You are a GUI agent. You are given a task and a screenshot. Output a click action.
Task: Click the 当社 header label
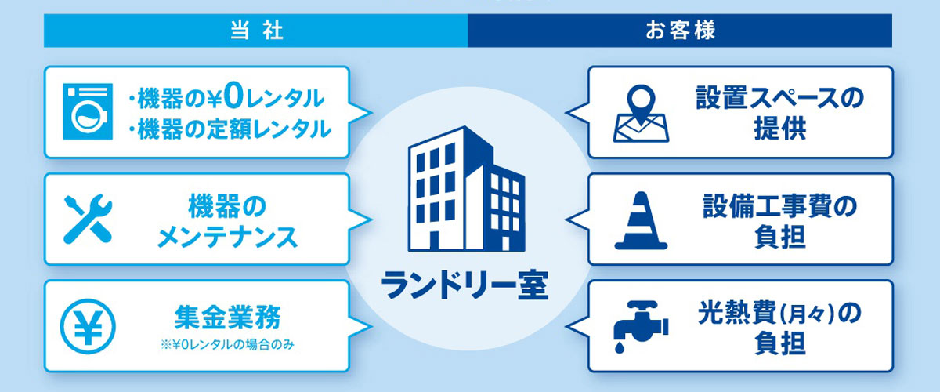257,31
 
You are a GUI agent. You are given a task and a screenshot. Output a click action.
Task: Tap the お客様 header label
680,31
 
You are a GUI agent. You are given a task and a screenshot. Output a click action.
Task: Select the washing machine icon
88,112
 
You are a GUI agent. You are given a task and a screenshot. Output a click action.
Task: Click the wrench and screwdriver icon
88,219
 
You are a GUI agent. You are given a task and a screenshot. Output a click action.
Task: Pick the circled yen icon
88,326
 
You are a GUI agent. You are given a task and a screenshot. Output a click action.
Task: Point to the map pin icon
641,113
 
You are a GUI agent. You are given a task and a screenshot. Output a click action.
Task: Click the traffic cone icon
641,220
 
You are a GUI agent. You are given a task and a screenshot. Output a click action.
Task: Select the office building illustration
466,188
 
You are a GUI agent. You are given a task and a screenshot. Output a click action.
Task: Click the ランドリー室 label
465,285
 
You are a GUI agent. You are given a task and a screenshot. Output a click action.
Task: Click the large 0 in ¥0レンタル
233,97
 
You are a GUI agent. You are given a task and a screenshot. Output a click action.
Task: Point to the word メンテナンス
227,238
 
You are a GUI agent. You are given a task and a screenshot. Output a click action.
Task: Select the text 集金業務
227,318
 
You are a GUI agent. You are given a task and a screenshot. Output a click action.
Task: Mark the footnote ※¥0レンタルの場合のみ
227,345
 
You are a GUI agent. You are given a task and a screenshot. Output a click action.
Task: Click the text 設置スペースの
779,98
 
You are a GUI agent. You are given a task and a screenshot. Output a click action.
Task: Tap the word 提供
780,128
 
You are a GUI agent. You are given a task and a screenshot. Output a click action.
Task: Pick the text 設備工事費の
779,206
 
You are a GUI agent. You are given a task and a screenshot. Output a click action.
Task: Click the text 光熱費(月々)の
779,314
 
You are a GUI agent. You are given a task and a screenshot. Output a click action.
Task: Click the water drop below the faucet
620,347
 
